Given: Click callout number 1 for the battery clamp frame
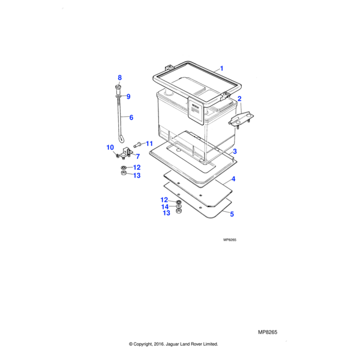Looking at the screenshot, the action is click(x=221, y=68).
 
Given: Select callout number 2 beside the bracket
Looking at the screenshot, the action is click(x=239, y=99).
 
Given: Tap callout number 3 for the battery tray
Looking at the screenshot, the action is click(x=235, y=151).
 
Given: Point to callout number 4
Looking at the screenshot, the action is click(x=233, y=179).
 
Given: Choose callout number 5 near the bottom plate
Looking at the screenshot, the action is click(x=232, y=214).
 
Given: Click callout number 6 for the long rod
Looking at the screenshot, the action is click(x=131, y=118).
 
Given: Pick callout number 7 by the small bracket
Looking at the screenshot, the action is click(x=138, y=157).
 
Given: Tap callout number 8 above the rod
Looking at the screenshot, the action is click(x=119, y=77).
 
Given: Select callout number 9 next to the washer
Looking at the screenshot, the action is click(x=128, y=97).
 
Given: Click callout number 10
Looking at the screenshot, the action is click(x=110, y=148).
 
